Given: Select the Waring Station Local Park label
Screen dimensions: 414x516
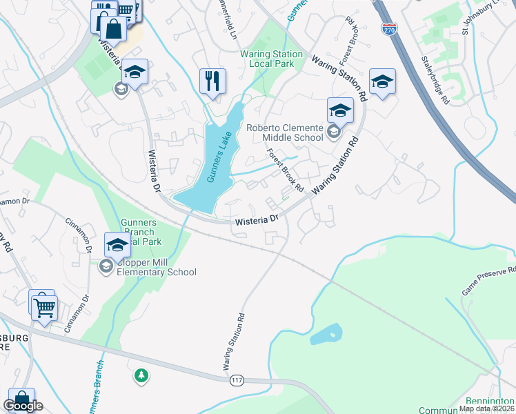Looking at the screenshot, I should (271, 59).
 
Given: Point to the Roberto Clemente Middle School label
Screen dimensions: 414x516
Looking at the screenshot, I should (285, 132).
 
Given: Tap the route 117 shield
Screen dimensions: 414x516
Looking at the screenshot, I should (238, 380).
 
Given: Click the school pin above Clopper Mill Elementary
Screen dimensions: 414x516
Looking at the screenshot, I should (117, 245).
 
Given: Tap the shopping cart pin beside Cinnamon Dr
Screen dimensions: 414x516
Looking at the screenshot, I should (43, 304).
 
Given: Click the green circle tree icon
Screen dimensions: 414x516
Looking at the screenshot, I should (141, 375).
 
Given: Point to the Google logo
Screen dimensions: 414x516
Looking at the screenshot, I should (24, 406).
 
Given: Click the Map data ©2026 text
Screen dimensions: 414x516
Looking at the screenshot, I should (487, 408).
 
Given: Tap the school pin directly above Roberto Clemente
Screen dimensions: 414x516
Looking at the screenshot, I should (339, 110).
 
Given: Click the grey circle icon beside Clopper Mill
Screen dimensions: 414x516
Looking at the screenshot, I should (106, 266).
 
